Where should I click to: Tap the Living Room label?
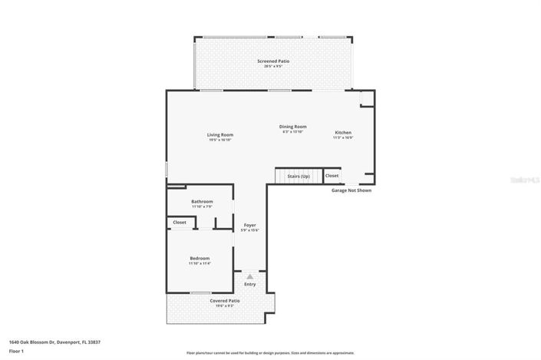219,135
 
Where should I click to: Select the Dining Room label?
292,127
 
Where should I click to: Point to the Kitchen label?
342,133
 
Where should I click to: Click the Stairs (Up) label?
299,176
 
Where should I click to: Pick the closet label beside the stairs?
332,176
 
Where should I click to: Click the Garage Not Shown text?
351,190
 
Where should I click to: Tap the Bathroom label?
202,201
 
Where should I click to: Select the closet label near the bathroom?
180,222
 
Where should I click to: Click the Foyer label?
250,225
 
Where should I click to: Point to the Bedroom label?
200,259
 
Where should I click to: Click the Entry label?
250,285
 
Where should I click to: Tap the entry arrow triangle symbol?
249,276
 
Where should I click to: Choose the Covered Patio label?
225,300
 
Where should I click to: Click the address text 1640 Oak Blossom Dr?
54,342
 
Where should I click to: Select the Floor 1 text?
16,351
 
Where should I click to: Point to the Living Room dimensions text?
219,140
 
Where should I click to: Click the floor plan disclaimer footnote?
270,353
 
